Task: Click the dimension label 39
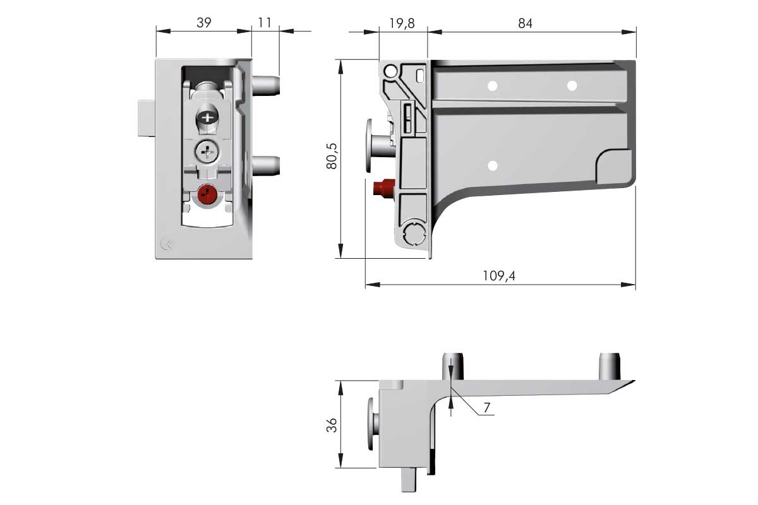pyautogui.click(x=203, y=23)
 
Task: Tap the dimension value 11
pyautogui.click(x=265, y=23)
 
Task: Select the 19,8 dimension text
pyautogui.click(x=402, y=23)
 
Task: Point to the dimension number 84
pyautogui.click(x=525, y=23)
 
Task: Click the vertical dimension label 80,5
pyautogui.click(x=332, y=156)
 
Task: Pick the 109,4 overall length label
pyautogui.click(x=499, y=276)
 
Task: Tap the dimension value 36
pyautogui.click(x=332, y=425)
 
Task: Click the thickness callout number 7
pyautogui.click(x=487, y=408)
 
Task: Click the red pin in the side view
pyautogui.click(x=384, y=187)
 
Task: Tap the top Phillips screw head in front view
pyautogui.click(x=207, y=118)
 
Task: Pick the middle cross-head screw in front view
pyautogui.click(x=207, y=151)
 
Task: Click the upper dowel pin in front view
pyautogui.click(x=266, y=85)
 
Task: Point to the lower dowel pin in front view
pyautogui.click(x=266, y=166)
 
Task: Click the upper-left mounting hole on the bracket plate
pyautogui.click(x=492, y=86)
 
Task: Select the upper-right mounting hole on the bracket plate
pyautogui.click(x=572, y=86)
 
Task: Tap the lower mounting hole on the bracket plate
pyautogui.click(x=493, y=166)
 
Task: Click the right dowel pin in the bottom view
pyautogui.click(x=610, y=366)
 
